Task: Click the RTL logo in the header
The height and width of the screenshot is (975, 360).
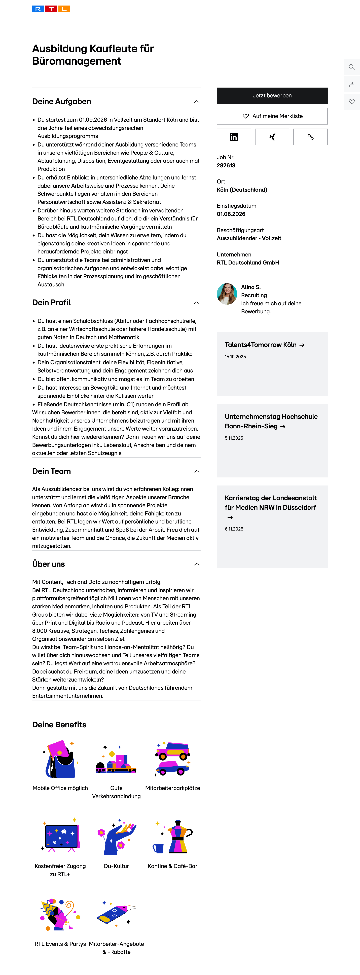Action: pos(51,9)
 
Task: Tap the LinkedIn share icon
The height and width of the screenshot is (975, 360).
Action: pos(234,137)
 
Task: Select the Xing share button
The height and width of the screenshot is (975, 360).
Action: pos(272,137)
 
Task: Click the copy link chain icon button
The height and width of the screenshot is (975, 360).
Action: pos(310,137)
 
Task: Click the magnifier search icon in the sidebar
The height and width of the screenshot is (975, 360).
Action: pos(351,67)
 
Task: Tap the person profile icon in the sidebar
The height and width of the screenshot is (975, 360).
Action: pos(351,84)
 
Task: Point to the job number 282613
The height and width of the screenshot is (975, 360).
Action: pos(226,165)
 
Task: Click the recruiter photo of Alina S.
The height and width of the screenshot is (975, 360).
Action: pos(227,294)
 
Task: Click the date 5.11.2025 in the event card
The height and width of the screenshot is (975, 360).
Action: pos(234,438)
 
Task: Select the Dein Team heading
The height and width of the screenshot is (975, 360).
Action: pos(51,471)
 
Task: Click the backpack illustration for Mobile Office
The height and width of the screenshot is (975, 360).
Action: pos(60,759)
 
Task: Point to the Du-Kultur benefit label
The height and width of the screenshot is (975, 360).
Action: pos(116,866)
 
